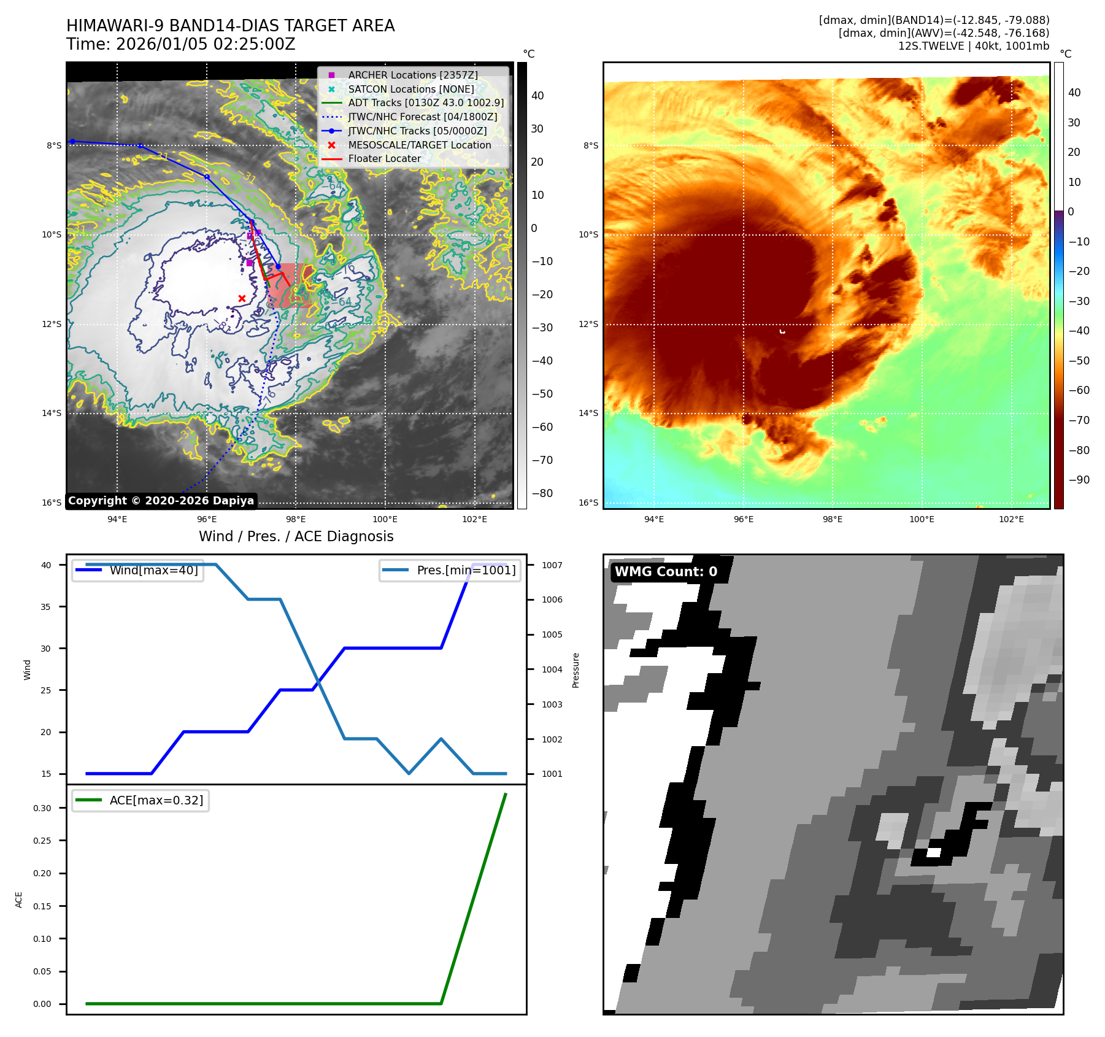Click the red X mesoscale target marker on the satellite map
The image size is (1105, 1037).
(x=242, y=299)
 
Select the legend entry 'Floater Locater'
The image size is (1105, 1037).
(x=384, y=159)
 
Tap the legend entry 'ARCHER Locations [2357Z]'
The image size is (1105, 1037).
(x=412, y=75)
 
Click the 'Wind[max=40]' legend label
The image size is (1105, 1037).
(x=153, y=570)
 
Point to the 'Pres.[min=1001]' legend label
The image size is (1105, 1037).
(x=466, y=570)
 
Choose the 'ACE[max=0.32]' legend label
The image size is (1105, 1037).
(x=156, y=800)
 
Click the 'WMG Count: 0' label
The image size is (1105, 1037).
(x=666, y=572)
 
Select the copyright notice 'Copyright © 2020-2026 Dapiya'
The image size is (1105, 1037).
(x=161, y=501)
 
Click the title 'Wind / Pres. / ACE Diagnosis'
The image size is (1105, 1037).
(x=296, y=536)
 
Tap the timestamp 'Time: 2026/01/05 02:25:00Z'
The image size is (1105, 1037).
(x=181, y=44)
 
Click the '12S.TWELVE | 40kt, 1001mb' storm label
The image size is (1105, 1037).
(x=973, y=46)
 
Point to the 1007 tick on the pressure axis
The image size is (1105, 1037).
(x=552, y=565)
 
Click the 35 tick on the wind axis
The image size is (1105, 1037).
(x=46, y=607)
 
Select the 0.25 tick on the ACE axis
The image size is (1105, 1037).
(x=42, y=841)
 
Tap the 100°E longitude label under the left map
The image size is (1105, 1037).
(x=385, y=519)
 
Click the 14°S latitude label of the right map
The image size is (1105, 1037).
(x=588, y=413)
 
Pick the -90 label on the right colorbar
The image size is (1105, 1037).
(x=1079, y=480)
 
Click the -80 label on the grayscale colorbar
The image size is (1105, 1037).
(x=542, y=493)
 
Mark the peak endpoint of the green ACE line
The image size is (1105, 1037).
(x=506, y=794)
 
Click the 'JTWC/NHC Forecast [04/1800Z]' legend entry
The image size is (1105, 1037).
(x=422, y=117)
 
